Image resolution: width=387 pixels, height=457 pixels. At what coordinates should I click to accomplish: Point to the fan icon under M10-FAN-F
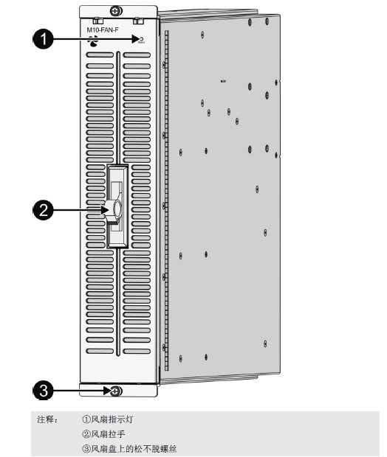pyautogui.click(x=93, y=41)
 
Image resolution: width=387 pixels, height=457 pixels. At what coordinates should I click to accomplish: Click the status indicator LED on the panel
pyautogui.click(x=141, y=39)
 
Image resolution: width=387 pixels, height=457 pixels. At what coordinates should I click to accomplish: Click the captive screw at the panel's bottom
pyautogui.click(x=116, y=391)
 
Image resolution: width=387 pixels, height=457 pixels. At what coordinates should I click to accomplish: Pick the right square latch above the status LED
pyautogui.click(x=137, y=21)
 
